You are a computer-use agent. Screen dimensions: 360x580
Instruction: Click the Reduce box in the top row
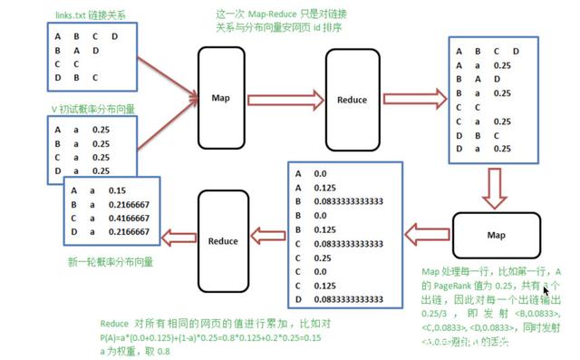[351, 97]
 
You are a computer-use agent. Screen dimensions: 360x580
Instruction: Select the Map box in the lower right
[495, 236]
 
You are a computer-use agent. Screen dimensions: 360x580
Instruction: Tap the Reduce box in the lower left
[223, 240]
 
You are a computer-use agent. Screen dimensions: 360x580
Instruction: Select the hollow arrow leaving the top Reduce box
[413, 97]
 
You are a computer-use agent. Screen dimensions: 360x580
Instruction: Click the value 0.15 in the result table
[114, 191]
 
